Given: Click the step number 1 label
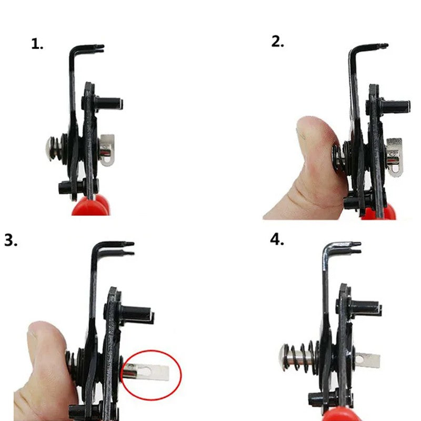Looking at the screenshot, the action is [x=37, y=44].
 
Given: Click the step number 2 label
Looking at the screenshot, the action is [x=277, y=42].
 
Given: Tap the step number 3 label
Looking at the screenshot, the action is [x=11, y=240].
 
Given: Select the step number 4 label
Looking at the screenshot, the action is [x=277, y=239].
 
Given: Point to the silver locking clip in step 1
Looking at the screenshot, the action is [x=107, y=150].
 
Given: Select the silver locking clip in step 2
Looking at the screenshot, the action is [x=394, y=157].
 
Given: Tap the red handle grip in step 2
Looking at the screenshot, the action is [x=379, y=213].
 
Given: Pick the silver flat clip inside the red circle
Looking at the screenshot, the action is [x=146, y=372].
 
